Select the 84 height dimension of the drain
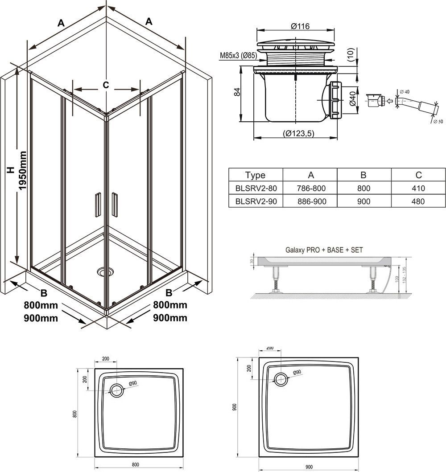(238, 92)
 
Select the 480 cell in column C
(418, 201)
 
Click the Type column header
(255, 175)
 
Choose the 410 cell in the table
(418, 189)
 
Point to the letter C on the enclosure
(106, 85)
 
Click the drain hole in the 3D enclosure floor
(104, 271)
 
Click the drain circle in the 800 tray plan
(117, 390)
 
